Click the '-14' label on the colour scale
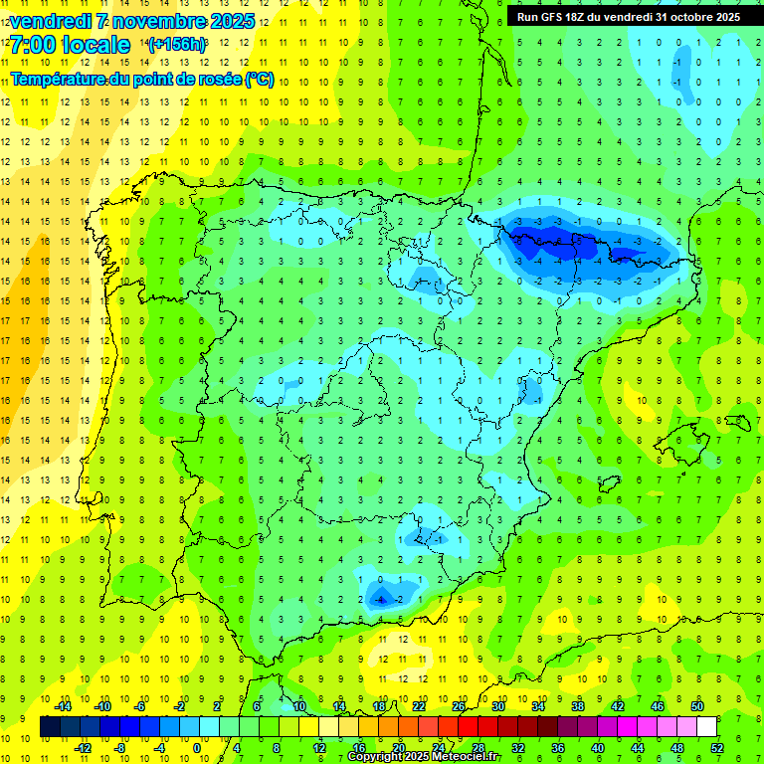(x=62, y=705)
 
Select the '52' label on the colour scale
(x=717, y=747)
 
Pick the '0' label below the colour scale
(x=198, y=747)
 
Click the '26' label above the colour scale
(x=459, y=705)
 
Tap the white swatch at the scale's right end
(x=706, y=726)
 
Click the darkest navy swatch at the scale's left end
(x=50, y=726)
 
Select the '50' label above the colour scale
(x=697, y=705)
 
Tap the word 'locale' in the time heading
(x=96, y=45)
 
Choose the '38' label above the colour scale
(x=578, y=705)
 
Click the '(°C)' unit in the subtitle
(x=259, y=79)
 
